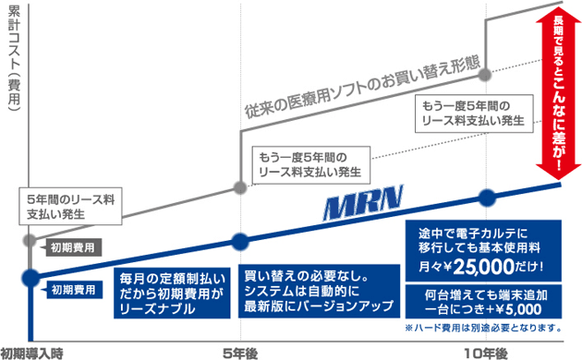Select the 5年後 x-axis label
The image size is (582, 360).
coord(240,352)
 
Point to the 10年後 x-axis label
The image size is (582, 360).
coord(486,352)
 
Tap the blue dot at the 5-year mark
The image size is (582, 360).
coord(240,242)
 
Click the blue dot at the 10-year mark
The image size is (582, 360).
coord(486,198)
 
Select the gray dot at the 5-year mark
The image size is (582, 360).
coord(240,187)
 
